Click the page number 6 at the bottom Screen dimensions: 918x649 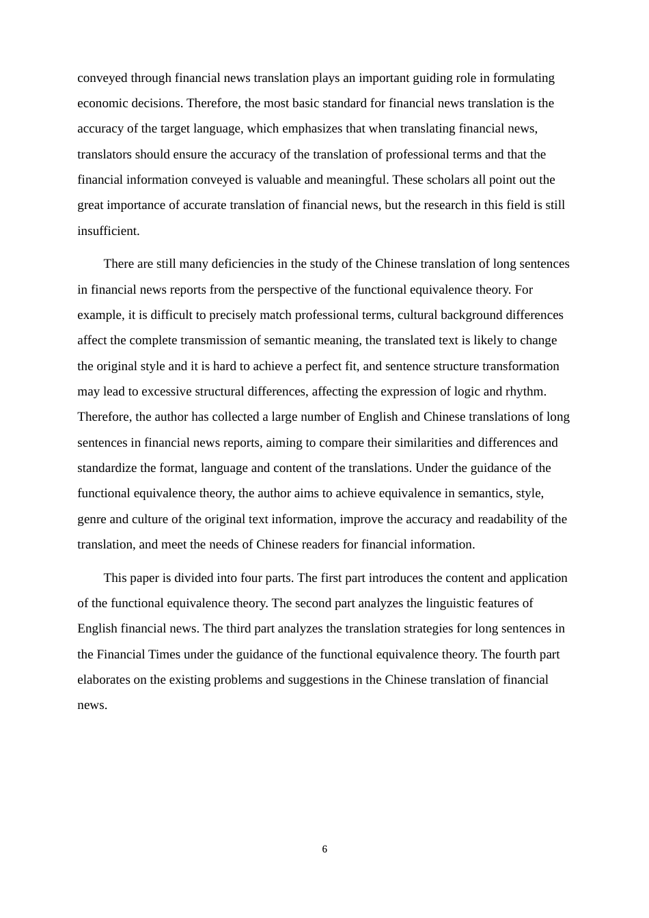tap(324, 849)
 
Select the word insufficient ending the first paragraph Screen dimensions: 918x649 tap(108, 231)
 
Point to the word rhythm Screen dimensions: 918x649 tap(525, 391)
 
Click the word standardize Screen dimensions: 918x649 tap(109, 468)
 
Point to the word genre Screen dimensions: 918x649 tap(92, 519)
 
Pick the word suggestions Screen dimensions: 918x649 tap(330, 680)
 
